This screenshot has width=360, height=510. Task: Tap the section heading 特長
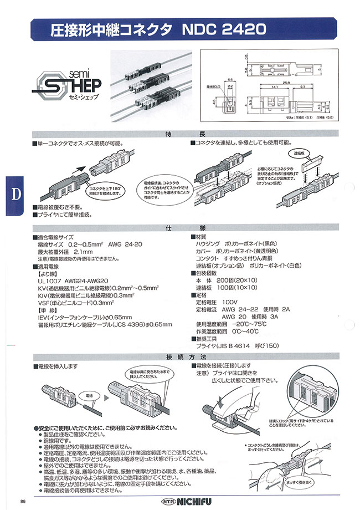[x=179, y=134]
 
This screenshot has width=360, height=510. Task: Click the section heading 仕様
[x=179, y=228]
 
